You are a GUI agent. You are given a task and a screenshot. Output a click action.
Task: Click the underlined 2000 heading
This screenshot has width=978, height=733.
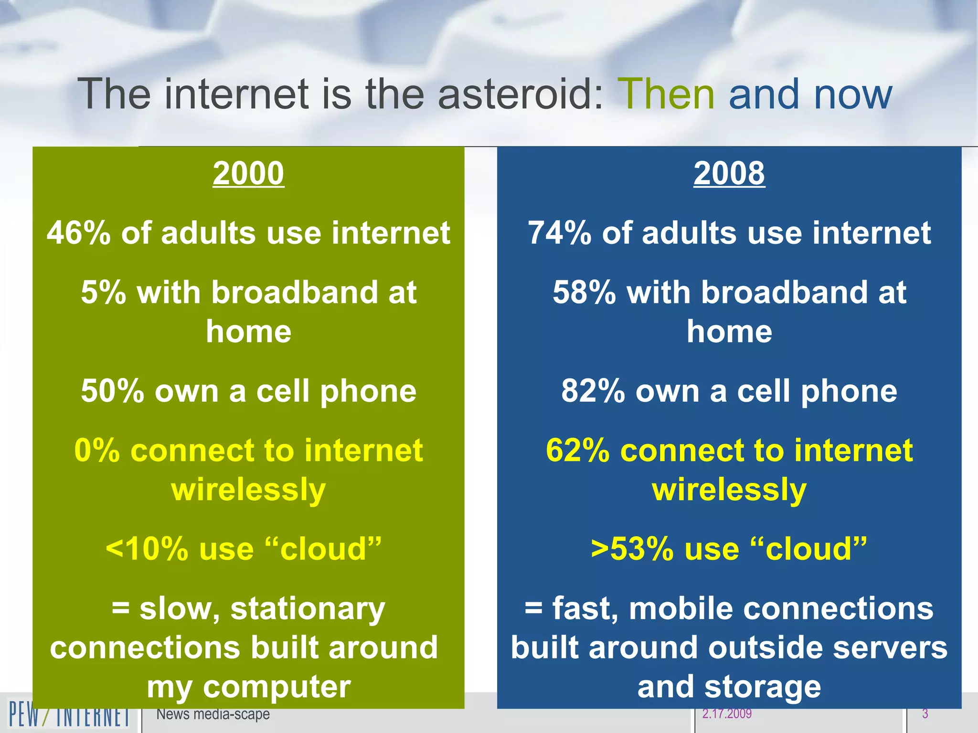248,173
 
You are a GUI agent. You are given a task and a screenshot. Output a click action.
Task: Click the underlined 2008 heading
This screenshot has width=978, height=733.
729,173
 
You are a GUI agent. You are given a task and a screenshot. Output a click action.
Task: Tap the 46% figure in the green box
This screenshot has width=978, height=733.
78,233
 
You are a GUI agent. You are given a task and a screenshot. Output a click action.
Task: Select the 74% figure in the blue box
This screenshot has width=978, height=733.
559,233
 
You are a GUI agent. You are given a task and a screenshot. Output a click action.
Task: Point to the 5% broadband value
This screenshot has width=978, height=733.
103,293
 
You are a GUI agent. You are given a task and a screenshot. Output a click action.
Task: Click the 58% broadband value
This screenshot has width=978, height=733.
584,293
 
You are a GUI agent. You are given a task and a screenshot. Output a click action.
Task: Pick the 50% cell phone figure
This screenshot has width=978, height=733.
112,391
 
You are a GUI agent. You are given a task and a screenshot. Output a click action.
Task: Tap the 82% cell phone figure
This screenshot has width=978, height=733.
593,391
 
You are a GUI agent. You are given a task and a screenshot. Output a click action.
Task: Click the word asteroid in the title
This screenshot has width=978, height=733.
521,94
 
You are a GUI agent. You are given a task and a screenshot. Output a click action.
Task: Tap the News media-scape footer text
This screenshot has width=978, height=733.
213,714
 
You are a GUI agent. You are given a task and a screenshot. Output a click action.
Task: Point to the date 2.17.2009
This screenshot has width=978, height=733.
727,714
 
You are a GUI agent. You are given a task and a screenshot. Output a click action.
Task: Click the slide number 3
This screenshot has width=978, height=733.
925,714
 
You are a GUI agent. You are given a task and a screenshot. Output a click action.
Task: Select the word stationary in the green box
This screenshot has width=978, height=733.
308,609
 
